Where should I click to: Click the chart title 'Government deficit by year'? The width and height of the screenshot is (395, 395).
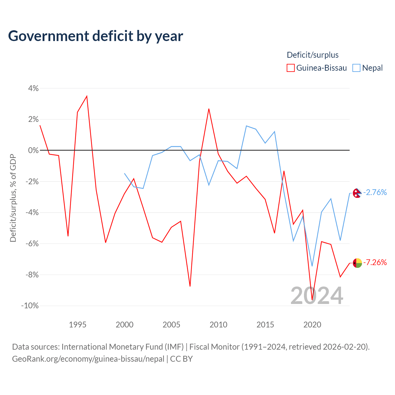95,36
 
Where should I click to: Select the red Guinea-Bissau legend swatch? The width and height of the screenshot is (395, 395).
290,68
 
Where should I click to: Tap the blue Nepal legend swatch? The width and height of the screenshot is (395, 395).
356,68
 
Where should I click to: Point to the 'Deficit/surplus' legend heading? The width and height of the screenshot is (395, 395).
313,55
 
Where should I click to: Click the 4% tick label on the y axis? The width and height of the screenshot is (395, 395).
33,88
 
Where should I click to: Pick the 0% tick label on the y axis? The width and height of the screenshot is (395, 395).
33,150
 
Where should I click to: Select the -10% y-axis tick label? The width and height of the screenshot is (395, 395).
30,306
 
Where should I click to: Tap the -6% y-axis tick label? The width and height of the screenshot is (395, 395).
32,243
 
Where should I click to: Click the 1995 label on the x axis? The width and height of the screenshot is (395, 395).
77,325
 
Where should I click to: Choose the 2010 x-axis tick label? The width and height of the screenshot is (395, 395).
218,325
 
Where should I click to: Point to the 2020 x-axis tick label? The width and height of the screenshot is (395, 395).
312,325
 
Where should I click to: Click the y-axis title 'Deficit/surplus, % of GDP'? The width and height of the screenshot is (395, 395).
13,198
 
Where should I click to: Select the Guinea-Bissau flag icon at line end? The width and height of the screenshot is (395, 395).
357,263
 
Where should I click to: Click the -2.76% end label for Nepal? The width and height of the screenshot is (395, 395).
375,193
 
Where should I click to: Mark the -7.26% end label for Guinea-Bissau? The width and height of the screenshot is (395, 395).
375,262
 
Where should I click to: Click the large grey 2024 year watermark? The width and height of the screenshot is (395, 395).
317,296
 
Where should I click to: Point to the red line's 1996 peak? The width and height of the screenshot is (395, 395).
87,96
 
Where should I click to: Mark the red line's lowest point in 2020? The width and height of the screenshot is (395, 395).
312,300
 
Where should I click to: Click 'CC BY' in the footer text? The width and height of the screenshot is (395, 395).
181,359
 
